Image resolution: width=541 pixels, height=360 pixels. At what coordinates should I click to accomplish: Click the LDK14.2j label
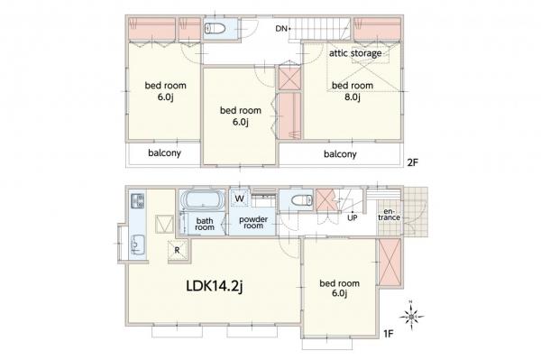(x=215, y=286)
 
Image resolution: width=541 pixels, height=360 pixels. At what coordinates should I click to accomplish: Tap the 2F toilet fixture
(x=215, y=28)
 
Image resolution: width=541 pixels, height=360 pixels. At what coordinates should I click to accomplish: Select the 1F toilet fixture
(x=301, y=200)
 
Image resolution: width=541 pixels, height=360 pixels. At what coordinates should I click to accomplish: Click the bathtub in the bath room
(x=203, y=199)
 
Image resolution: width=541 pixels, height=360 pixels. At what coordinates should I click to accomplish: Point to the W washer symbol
(x=239, y=198)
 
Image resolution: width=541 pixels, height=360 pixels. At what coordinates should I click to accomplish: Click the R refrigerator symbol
(x=178, y=250)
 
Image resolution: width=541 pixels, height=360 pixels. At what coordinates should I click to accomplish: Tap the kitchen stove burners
(x=138, y=201)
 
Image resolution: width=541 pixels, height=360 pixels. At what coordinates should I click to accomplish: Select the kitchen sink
(x=137, y=245)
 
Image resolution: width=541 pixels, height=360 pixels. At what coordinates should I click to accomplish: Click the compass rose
(x=412, y=316)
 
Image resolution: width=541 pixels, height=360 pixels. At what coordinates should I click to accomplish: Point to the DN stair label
(x=281, y=29)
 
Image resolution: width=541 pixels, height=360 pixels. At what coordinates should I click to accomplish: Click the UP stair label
(x=353, y=218)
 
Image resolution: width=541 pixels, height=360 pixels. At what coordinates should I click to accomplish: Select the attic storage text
(x=355, y=53)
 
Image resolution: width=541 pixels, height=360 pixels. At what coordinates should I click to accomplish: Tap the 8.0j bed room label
(x=353, y=91)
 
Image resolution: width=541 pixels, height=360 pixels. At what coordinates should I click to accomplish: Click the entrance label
(x=390, y=215)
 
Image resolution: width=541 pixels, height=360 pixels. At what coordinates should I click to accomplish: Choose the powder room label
(x=253, y=223)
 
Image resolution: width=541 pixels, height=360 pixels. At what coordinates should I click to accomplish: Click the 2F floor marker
(x=413, y=162)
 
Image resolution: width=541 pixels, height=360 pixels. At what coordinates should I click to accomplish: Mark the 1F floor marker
(x=389, y=334)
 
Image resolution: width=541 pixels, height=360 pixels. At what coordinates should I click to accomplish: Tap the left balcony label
(x=165, y=152)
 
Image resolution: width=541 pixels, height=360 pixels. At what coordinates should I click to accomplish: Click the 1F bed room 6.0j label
(x=340, y=289)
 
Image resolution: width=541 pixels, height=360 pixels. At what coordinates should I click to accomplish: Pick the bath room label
(x=205, y=224)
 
